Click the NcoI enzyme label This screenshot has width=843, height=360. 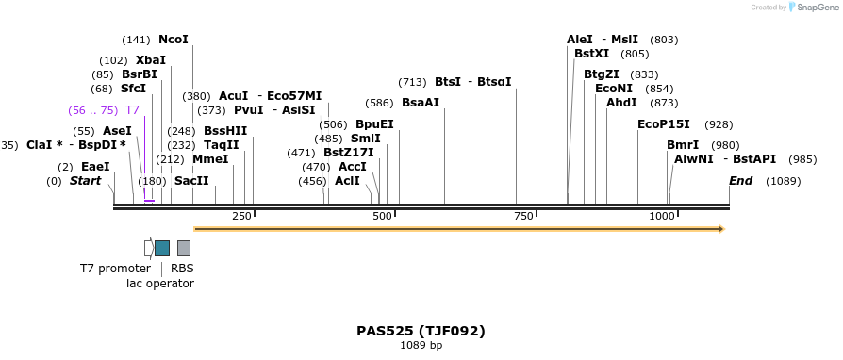coord(174,40)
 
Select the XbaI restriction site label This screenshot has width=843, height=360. coord(151,60)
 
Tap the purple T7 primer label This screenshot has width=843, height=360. coord(132,110)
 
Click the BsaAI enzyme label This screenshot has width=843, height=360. coord(421,103)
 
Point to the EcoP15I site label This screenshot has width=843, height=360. coord(664,124)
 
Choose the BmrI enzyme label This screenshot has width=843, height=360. coord(683,145)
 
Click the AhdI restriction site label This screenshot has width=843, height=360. coord(621,103)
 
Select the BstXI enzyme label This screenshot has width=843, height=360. coord(592,54)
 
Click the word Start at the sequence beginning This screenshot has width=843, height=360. coord(85,181)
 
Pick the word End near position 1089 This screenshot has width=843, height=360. coord(741,181)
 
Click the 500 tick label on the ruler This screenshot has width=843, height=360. coord(382,217)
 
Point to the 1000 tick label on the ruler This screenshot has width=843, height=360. coord(662,217)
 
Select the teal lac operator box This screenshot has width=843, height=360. coord(162,248)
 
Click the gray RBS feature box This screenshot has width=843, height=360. coord(184,248)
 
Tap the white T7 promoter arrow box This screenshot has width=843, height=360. coord(148,248)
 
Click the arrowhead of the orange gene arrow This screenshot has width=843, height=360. coord(720,229)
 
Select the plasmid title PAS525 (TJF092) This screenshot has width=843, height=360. coord(421,331)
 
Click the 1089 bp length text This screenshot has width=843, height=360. coord(421,346)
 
